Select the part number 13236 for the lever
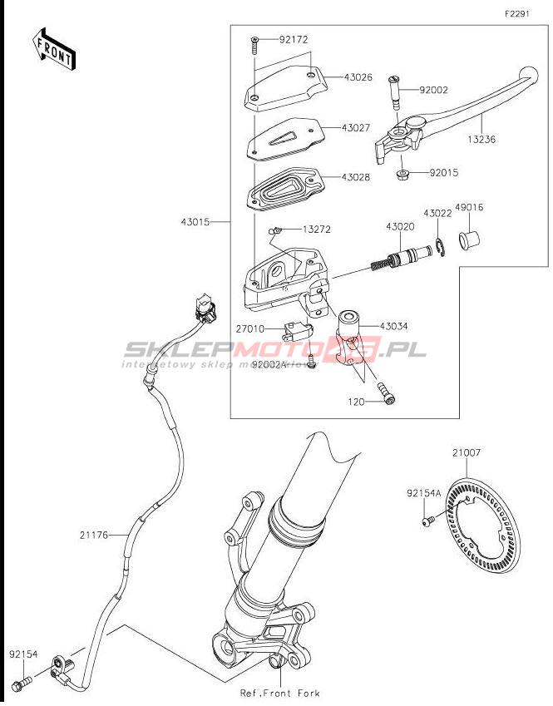[481, 140]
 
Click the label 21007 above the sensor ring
[467, 453]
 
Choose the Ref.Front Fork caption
[279, 693]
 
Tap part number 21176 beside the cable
[96, 535]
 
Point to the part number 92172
[294, 39]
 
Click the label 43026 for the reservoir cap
[359, 77]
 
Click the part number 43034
[394, 326]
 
